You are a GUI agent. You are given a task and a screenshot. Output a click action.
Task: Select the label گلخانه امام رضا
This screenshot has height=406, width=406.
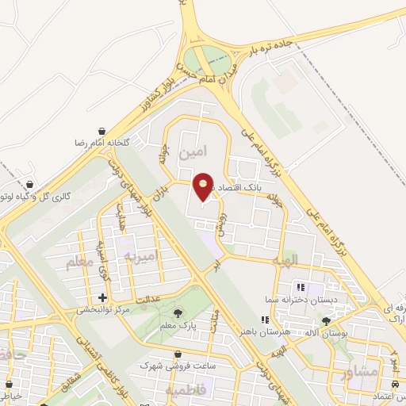[101, 143]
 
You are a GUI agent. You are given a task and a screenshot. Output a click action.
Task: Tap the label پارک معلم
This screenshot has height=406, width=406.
[178, 326]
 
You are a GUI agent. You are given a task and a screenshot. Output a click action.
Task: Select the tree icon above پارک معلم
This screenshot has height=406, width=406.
[176, 314]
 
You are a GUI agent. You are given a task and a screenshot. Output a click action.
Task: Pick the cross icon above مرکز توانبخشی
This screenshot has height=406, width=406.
[101, 297]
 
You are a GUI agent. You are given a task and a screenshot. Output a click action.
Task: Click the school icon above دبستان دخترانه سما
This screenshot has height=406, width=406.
[300, 287]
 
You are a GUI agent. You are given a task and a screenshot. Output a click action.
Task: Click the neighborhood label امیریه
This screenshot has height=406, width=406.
[143, 255]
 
